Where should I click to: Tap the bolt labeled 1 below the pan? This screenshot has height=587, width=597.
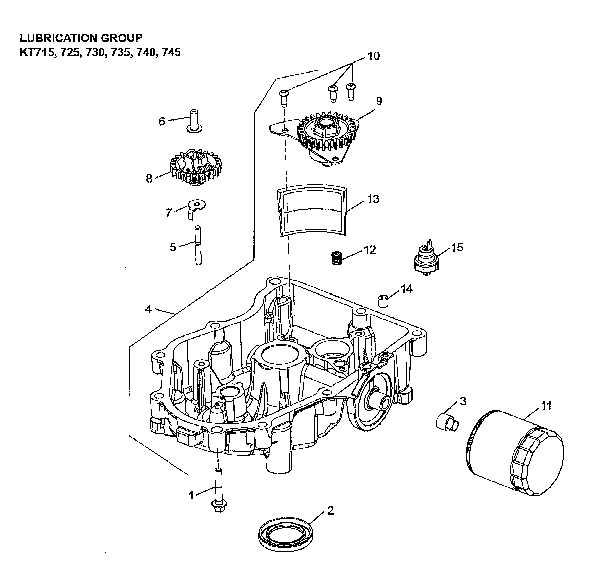pyautogui.click(x=218, y=497)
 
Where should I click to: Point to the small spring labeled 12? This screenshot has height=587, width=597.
pyautogui.click(x=336, y=259)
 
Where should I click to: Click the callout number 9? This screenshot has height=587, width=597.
pyautogui.click(x=379, y=100)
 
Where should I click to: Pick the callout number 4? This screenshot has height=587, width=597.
pyautogui.click(x=148, y=309)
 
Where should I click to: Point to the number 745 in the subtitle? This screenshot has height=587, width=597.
pyautogui.click(x=171, y=52)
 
